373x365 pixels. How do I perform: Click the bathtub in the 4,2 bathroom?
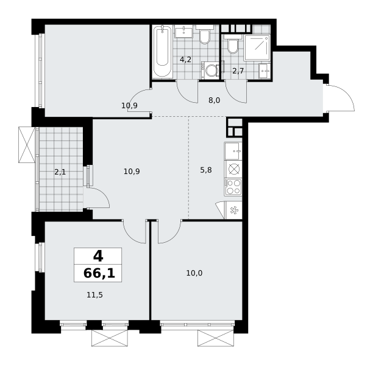(162, 51)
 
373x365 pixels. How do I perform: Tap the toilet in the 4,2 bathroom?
(204, 35)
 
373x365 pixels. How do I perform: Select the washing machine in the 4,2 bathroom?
(210, 71)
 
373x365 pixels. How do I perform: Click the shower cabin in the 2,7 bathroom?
(257, 47)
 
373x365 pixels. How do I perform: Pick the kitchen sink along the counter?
(233, 151)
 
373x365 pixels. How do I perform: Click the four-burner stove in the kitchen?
(233, 187)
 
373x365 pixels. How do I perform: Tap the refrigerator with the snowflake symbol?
(233, 210)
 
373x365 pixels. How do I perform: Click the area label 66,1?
(99, 273)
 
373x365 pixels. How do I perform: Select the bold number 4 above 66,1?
(98, 256)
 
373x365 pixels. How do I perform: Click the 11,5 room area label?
(94, 295)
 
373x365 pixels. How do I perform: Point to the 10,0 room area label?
(194, 273)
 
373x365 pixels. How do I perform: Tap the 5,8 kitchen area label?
(206, 170)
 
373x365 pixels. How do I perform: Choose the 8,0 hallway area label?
(215, 100)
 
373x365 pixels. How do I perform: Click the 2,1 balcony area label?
(60, 172)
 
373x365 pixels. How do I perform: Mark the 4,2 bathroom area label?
(185, 60)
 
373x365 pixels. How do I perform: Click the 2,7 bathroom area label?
(238, 71)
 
